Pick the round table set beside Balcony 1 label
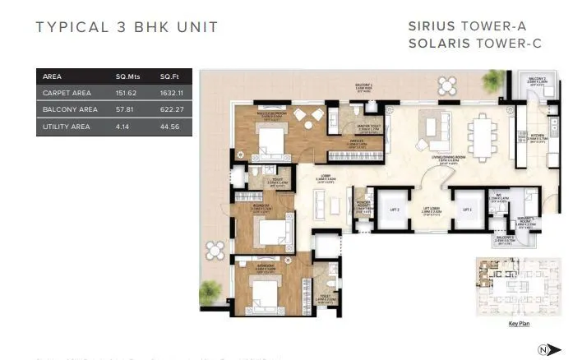(447, 85)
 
